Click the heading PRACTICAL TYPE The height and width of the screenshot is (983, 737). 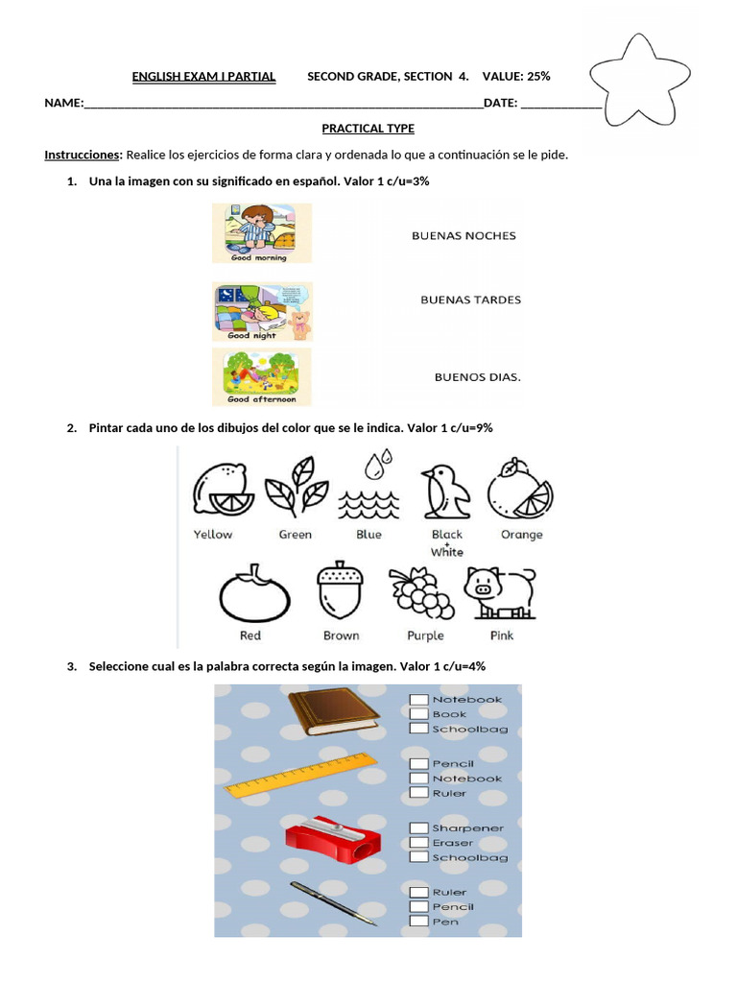click(x=368, y=129)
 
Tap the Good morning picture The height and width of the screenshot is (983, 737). click(x=261, y=232)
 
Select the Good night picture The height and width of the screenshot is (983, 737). click(x=262, y=312)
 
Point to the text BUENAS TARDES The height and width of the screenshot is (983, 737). click(x=470, y=300)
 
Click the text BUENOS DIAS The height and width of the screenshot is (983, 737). click(x=478, y=376)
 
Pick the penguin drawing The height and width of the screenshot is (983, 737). click(x=445, y=492)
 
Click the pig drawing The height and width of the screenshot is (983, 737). click(x=500, y=593)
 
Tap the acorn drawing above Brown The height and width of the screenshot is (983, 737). click(x=341, y=590)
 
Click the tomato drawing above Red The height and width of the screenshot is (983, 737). click(x=254, y=593)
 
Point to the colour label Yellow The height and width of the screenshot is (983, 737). click(x=212, y=535)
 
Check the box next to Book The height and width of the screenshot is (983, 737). click(x=418, y=713)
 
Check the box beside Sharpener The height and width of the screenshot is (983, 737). click(x=418, y=828)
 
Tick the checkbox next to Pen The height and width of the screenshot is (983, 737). click(x=418, y=921)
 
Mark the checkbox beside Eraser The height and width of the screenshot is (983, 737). click(x=418, y=843)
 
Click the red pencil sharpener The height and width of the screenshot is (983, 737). click(x=333, y=838)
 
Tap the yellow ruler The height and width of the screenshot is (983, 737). click(x=300, y=775)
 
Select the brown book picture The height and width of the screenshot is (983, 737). click(x=334, y=711)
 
